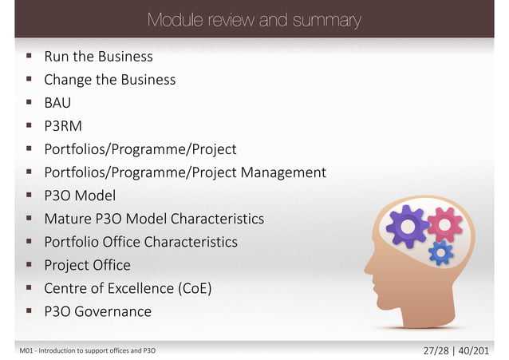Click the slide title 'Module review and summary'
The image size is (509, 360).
254,19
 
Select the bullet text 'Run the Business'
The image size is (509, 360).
98,57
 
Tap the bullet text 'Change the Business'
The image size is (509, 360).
109,80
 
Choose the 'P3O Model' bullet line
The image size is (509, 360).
80,196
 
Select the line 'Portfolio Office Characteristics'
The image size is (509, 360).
140,242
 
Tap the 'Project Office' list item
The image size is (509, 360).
87,265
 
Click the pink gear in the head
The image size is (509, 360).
445,224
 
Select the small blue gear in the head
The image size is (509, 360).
440,253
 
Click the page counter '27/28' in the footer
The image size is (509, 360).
434,350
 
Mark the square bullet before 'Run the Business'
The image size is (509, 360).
29,57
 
